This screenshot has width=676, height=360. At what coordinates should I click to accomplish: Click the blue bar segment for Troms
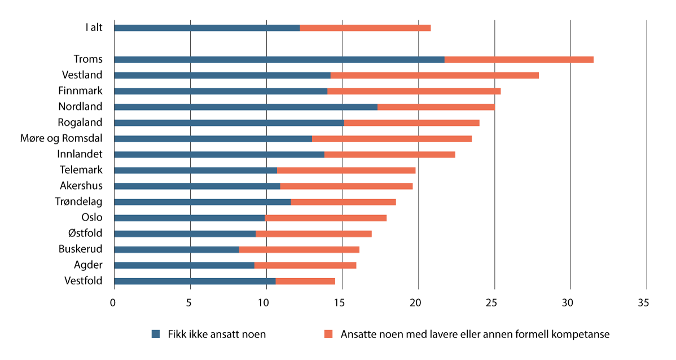point(279,59)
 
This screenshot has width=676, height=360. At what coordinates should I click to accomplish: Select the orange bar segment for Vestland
point(434,75)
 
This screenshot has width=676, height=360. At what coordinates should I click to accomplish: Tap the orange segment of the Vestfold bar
point(305,281)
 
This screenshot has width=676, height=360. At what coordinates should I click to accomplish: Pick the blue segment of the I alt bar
point(207,28)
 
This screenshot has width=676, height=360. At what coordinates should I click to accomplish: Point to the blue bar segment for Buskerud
point(177,249)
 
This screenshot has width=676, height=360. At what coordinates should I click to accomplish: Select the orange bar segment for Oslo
point(326,218)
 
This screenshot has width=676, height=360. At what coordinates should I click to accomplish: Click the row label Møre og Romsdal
point(69,138)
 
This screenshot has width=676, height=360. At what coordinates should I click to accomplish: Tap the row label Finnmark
point(80,91)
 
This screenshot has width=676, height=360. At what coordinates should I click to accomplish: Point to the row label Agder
point(88,265)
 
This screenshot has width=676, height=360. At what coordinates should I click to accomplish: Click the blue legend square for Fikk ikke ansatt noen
point(156,334)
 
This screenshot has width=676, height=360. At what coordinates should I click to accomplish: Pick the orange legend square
point(328,334)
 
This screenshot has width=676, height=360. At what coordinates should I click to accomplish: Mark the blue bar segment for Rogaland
point(229,122)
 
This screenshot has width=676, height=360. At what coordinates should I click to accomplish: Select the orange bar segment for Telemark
point(346,170)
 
